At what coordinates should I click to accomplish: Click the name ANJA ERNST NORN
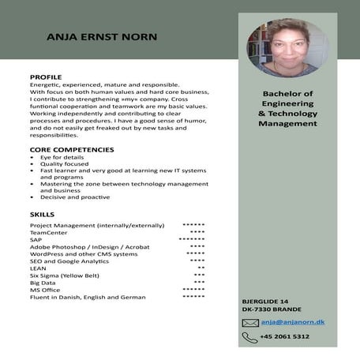pyautogui.click(x=101, y=37)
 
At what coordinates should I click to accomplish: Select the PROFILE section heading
pyautogui.click(x=46, y=77)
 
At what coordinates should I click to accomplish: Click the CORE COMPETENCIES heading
pyautogui.click(x=72, y=149)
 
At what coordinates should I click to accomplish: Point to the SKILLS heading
pyautogui.click(x=42, y=214)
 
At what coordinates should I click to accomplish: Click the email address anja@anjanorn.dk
pyautogui.click(x=294, y=322)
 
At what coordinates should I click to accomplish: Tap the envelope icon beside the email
pyautogui.click(x=250, y=323)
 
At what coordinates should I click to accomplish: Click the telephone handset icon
pyautogui.click(x=250, y=337)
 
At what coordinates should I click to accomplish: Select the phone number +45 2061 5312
pyautogui.click(x=286, y=337)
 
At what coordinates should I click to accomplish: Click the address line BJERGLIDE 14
pyautogui.click(x=265, y=302)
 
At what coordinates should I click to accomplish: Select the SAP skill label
pyautogui.click(x=36, y=240)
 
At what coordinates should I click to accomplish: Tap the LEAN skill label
pyautogui.click(x=38, y=268)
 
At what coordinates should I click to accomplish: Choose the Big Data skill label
pyautogui.click(x=43, y=283)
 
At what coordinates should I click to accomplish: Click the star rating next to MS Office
pyautogui.click(x=193, y=290)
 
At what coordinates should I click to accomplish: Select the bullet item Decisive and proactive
pyautogui.click(x=75, y=197)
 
